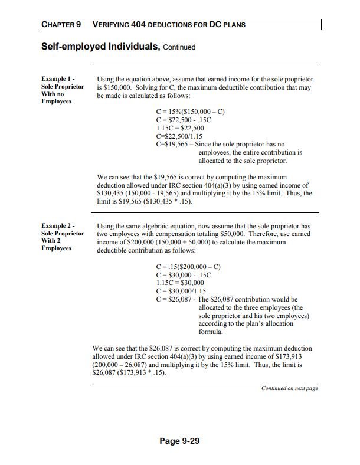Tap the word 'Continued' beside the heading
click(179, 47)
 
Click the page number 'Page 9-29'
click(179, 440)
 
